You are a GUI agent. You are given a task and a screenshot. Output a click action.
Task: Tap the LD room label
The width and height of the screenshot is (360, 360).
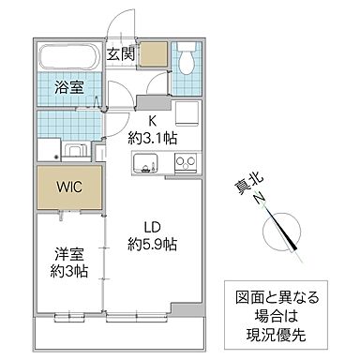(x=151, y=226)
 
